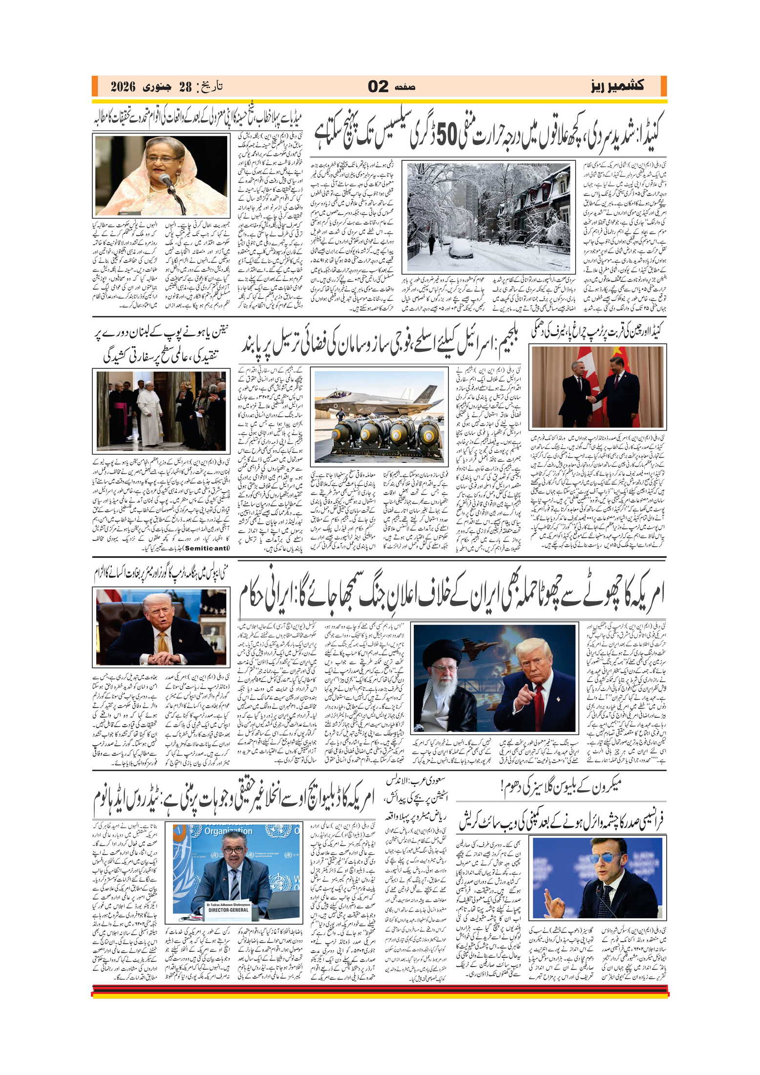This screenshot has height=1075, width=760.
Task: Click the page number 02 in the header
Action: pyautogui.click(x=378, y=86)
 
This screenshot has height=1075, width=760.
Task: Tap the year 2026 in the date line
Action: pyautogui.click(x=123, y=87)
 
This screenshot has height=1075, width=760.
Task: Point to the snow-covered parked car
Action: pyautogui.click(x=461, y=248)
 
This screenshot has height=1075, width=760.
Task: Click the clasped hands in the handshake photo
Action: pyautogui.click(x=592, y=398)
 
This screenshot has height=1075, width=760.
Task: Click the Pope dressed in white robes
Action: pyautogui.click(x=149, y=413)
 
